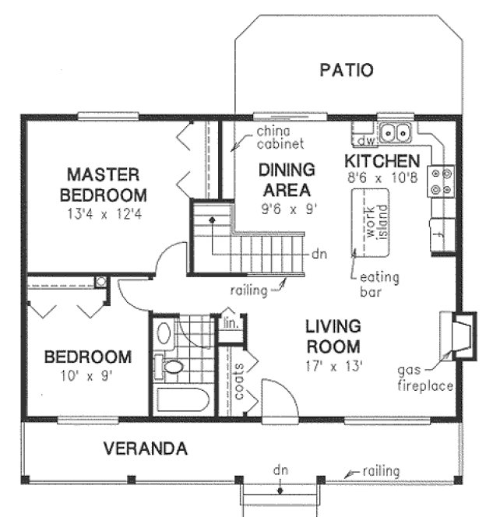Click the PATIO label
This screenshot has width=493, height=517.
(347, 70)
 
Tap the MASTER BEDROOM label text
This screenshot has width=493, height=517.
(102, 183)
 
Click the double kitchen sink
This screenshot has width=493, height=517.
(396, 132)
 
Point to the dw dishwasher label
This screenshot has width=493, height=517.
(364, 141)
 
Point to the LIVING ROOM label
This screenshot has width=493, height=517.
(333, 336)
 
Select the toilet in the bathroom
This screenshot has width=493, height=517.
(169, 365)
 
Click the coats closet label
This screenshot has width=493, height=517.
(240, 379)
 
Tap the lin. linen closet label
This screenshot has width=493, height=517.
(231, 322)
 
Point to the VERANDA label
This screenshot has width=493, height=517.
(146, 448)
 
